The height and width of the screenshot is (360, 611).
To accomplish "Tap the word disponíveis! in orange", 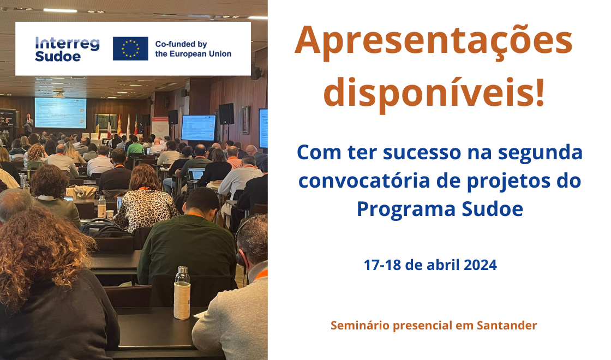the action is [x=434, y=93].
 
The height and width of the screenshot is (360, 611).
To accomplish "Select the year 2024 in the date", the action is [x=481, y=265].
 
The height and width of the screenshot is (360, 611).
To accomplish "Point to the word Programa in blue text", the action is [x=406, y=210].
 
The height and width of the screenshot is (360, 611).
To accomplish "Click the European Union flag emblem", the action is [x=130, y=49].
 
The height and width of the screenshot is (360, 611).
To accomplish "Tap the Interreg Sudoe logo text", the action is [x=67, y=50].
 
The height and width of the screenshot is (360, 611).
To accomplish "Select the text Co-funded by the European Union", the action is [x=193, y=49].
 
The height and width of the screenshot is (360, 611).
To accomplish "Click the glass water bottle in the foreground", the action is [x=182, y=293].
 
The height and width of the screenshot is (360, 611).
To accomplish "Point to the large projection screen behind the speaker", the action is [x=61, y=112].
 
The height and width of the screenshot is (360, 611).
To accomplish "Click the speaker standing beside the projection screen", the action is [x=28, y=124].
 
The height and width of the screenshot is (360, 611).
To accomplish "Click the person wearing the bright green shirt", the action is [x=135, y=146].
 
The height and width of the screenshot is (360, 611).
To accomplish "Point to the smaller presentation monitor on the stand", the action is [x=199, y=128].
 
